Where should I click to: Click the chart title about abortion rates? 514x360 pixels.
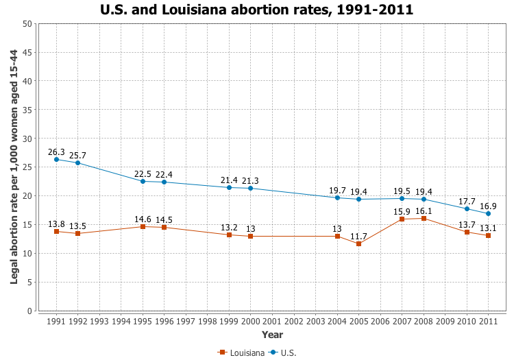pyautogui.click(x=257, y=10)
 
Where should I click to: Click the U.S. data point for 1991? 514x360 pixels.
pyautogui.click(x=56, y=160)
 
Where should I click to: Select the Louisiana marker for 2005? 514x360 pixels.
pyautogui.click(x=358, y=243)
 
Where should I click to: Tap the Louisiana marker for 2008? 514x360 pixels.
pyautogui.click(x=424, y=218)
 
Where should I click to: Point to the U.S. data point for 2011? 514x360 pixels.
pyautogui.click(x=488, y=213)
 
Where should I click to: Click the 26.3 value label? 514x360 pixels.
pyautogui.click(x=56, y=152)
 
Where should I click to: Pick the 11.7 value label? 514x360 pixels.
pyautogui.click(x=358, y=236)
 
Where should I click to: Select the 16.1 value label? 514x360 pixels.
pyautogui.click(x=424, y=211)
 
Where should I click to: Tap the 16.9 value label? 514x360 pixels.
pyautogui.click(x=488, y=206)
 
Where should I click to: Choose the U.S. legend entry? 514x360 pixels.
pyautogui.click(x=283, y=352)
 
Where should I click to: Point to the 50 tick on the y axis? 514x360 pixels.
pyautogui.click(x=27, y=23)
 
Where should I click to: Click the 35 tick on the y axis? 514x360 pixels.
pyautogui.click(x=27, y=110)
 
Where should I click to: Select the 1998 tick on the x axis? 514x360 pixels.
pyautogui.click(x=208, y=321)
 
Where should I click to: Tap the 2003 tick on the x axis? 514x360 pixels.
pyautogui.click(x=315, y=321)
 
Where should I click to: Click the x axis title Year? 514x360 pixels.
pyautogui.click(x=272, y=335)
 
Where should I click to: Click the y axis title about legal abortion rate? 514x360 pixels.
pyautogui.click(x=14, y=167)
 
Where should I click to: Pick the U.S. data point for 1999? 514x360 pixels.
pyautogui.click(x=229, y=187)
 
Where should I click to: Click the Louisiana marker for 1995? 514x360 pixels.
pyautogui.click(x=143, y=226)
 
